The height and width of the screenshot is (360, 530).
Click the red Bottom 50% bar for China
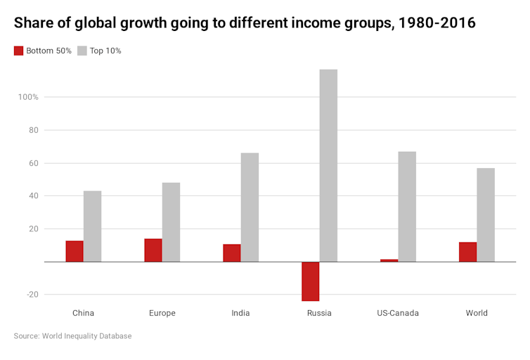(x=75, y=251)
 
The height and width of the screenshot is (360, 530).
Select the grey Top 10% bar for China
(x=92, y=226)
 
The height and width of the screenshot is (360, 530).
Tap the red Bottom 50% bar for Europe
(x=153, y=250)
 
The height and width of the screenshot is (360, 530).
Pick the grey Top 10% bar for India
(x=250, y=207)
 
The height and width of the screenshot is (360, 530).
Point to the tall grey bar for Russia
(x=328, y=165)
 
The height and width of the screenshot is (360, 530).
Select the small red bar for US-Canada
(x=389, y=260)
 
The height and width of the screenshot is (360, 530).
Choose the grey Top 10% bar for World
(x=486, y=214)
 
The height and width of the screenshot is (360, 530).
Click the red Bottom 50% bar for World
(x=468, y=252)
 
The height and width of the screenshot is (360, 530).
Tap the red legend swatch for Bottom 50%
(x=18, y=51)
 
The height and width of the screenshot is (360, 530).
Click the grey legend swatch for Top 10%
(x=82, y=51)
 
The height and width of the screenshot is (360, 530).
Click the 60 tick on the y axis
(x=33, y=163)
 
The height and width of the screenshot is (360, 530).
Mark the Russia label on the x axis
(x=319, y=313)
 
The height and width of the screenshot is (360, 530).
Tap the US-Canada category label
(x=398, y=313)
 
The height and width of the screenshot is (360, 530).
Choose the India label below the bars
(x=240, y=313)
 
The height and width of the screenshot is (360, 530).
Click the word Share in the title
(x=33, y=23)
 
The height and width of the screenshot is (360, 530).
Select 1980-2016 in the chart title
(x=437, y=23)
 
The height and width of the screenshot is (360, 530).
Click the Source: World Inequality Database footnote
(x=72, y=336)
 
